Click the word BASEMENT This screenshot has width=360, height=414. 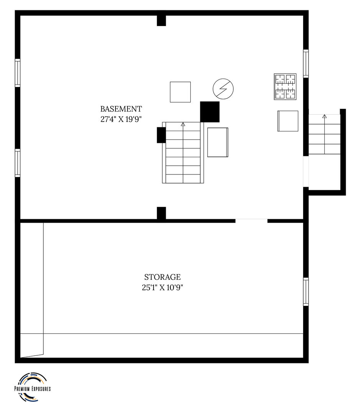(121, 109)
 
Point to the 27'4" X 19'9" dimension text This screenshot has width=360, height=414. (121, 119)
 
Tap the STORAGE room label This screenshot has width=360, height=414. (162, 277)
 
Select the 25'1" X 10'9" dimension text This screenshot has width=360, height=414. (162, 287)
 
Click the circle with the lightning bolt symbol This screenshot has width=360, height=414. (223, 89)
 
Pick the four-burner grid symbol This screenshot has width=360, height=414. (285, 87)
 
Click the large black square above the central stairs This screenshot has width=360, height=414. (210, 112)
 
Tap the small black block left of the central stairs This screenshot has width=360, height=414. (161, 135)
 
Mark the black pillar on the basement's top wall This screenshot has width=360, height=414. (161, 21)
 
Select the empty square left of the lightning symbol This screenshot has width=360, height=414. (180, 92)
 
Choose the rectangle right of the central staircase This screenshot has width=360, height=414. (218, 142)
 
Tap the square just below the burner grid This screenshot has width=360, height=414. (288, 121)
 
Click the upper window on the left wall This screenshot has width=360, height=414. (17, 73)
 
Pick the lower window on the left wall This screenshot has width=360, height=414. (17, 163)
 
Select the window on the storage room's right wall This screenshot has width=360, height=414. (306, 292)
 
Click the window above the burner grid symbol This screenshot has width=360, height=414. (306, 64)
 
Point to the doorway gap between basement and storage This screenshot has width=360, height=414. (251, 221)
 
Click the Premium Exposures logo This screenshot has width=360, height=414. (33, 387)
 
